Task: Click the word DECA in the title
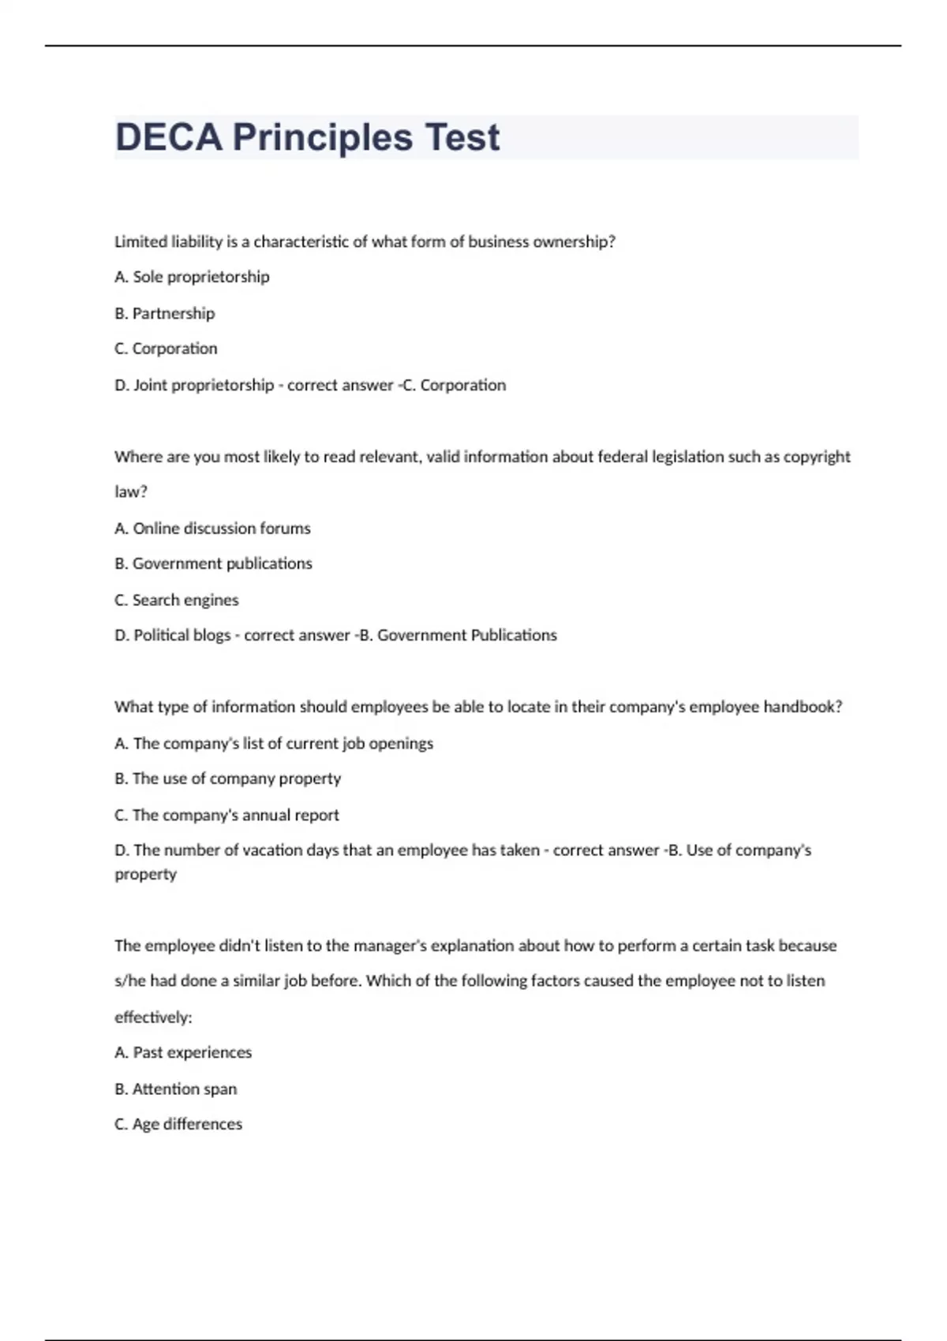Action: coord(168,137)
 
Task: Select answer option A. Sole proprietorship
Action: coord(192,277)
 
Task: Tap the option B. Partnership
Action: coord(164,313)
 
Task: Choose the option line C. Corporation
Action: coord(166,349)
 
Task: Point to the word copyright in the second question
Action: coord(817,457)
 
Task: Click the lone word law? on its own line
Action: coord(131,491)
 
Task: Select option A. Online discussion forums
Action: coord(212,529)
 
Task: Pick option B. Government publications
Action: coord(213,563)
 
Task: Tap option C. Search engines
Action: coord(176,600)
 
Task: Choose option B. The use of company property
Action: coord(227,779)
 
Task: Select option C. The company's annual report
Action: coord(226,815)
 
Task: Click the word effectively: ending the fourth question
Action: coord(153,1018)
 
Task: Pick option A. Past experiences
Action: coord(183,1052)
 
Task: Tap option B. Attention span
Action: coord(175,1089)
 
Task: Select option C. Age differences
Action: coord(178,1124)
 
